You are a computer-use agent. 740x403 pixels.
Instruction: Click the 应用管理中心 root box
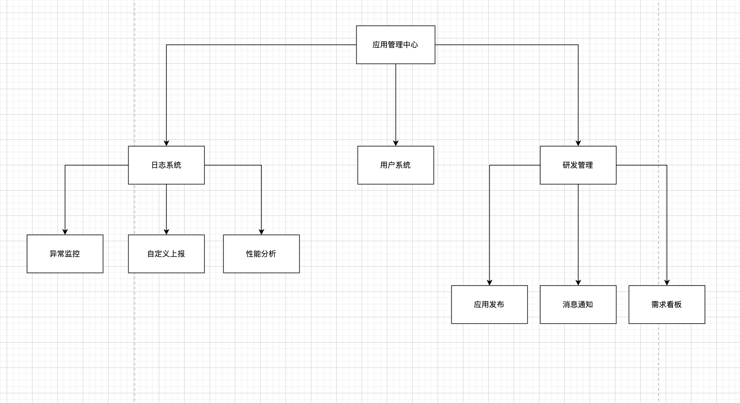coord(395,45)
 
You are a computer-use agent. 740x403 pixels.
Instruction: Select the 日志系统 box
coord(166,165)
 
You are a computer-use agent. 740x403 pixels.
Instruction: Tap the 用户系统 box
coord(395,165)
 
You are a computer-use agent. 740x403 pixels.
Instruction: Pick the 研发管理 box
coord(578,165)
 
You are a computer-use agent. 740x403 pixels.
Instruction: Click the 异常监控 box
coord(65,254)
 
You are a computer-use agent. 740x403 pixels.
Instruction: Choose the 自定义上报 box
coord(166,254)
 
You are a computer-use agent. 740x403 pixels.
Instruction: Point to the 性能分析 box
coord(261,254)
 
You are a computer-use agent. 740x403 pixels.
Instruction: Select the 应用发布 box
coord(489,305)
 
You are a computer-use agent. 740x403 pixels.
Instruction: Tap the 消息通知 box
coord(578,305)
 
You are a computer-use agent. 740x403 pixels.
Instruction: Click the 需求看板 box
coord(667,305)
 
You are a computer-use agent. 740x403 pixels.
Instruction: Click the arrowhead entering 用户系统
coord(396,143)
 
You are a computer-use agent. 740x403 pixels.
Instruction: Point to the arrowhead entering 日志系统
coord(166,143)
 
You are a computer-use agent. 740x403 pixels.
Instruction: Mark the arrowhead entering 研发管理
coord(578,143)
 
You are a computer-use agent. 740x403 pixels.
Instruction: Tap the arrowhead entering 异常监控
coord(65,232)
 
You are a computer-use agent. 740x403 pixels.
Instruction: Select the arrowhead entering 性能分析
coord(261,232)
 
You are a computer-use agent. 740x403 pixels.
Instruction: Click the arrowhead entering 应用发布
coord(490,283)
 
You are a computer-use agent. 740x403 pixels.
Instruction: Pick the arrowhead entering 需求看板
coord(667,283)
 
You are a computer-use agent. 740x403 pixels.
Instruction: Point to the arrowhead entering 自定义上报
coord(166,232)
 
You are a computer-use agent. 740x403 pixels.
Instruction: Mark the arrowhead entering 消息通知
coord(578,283)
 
